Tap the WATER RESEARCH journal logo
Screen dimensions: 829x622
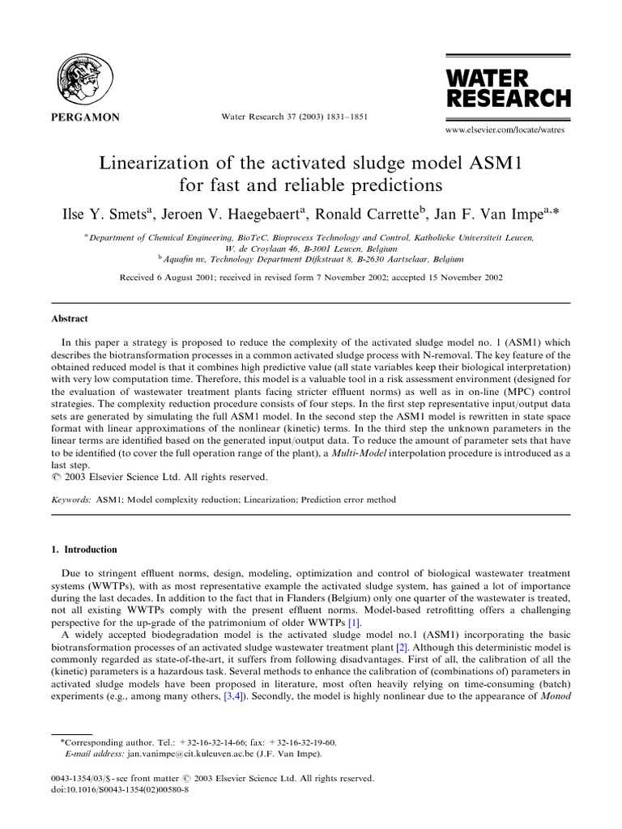click(508, 88)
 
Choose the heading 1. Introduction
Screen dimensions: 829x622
click(84, 550)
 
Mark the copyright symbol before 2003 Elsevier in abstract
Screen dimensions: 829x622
click(55, 479)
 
